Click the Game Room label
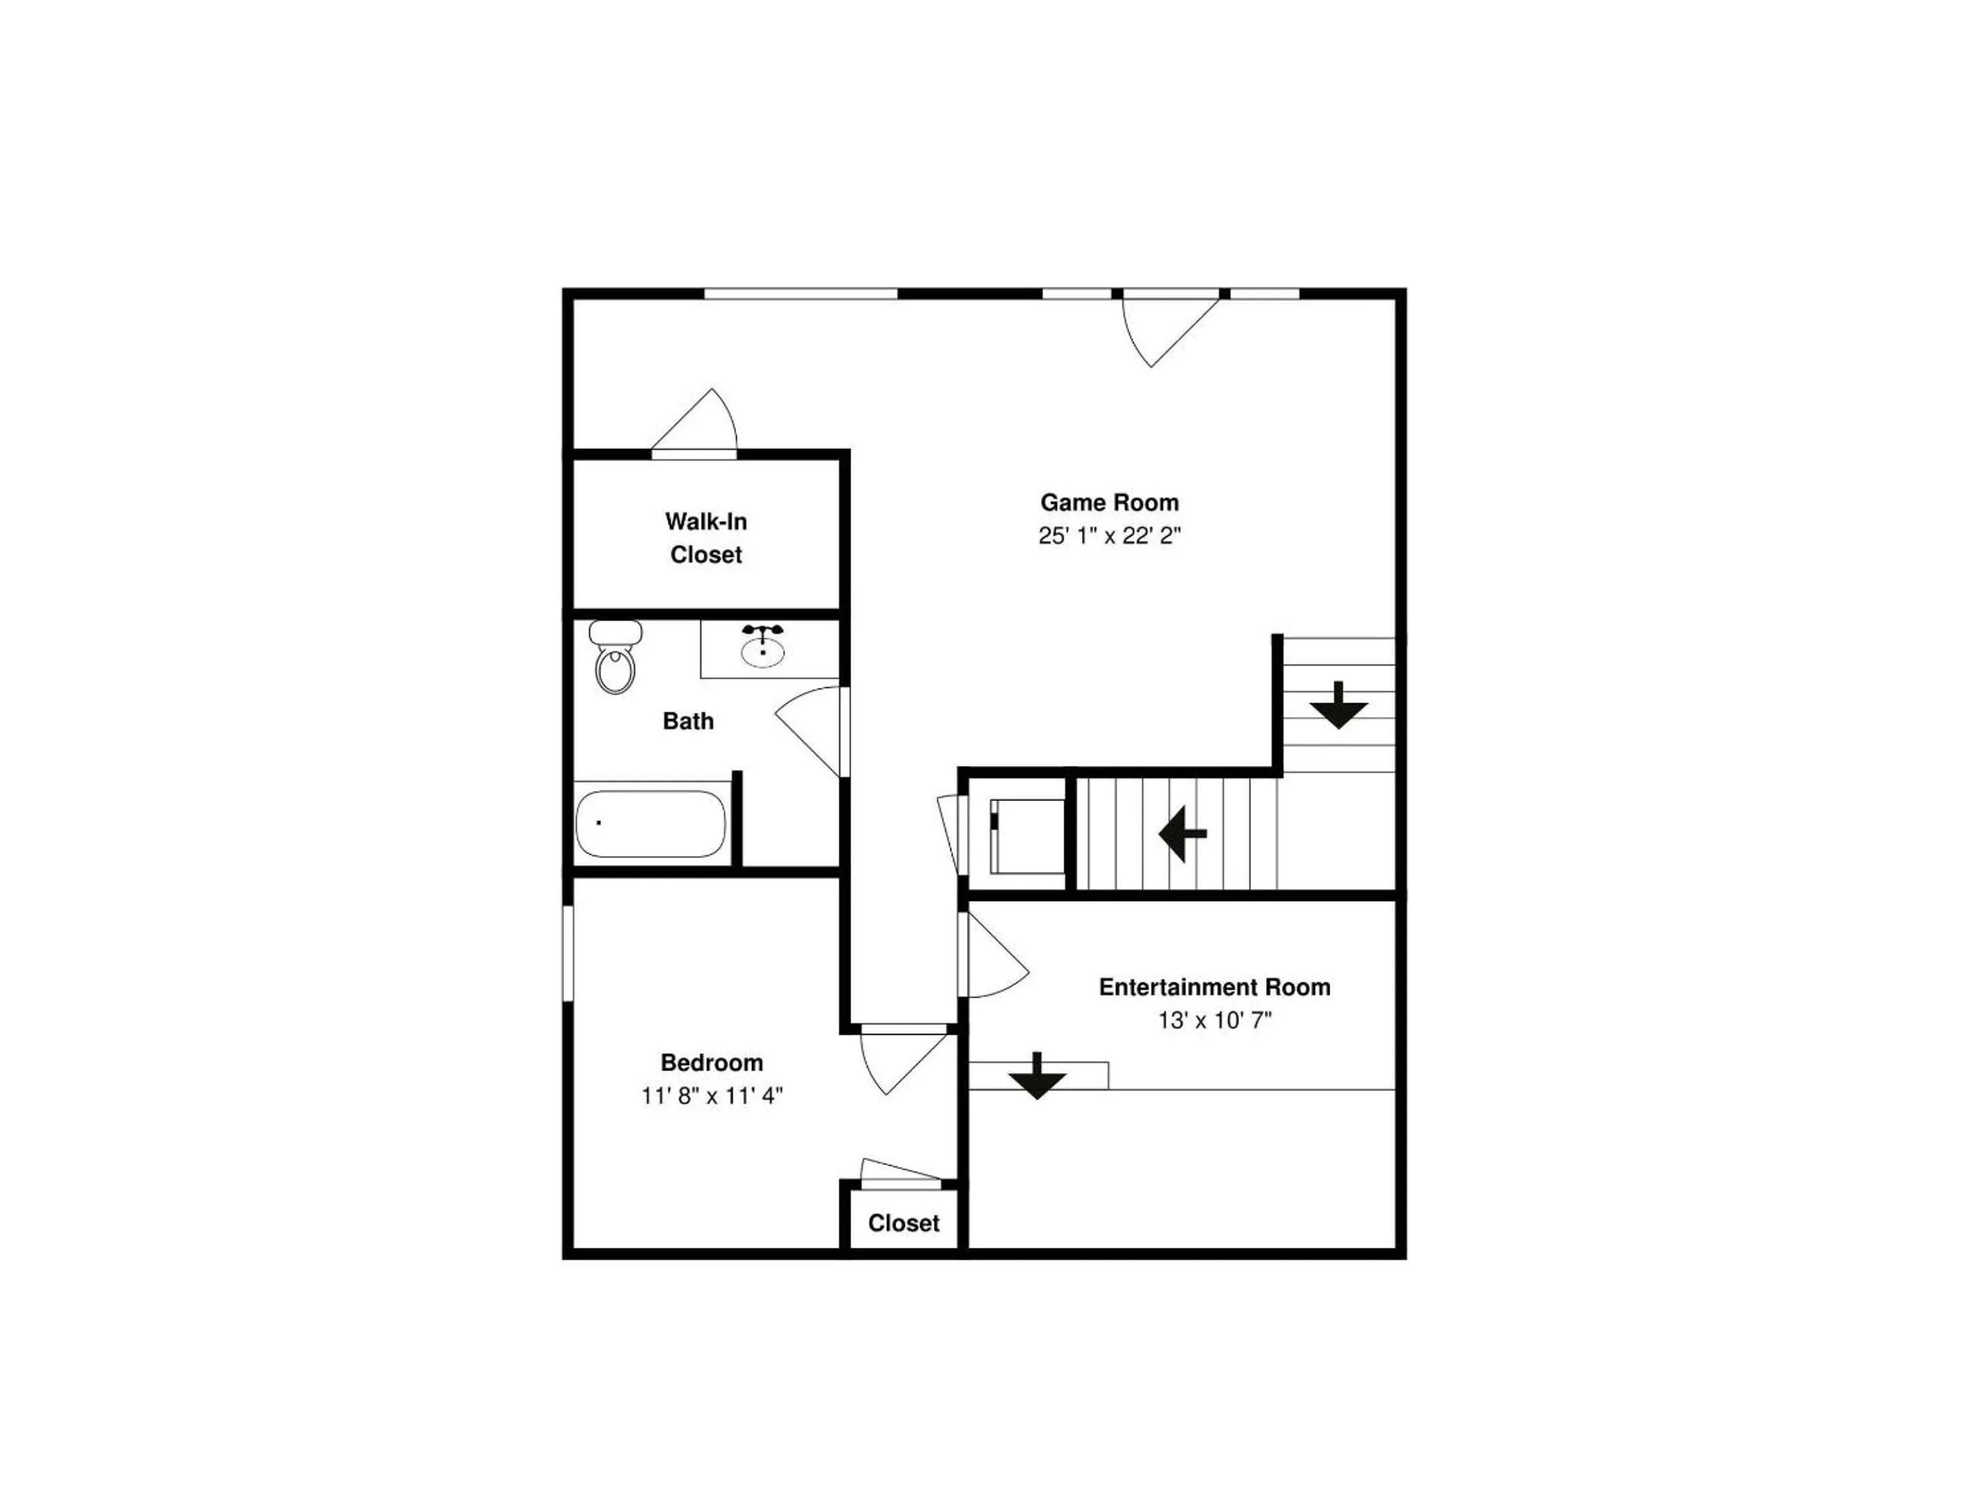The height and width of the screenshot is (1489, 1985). click(x=1109, y=503)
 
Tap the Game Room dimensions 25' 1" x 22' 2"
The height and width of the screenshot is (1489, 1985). click(x=1109, y=536)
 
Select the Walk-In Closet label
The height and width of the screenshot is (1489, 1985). click(x=706, y=538)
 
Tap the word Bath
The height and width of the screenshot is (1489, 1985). click(x=689, y=720)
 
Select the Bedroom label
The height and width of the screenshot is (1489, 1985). click(x=711, y=1063)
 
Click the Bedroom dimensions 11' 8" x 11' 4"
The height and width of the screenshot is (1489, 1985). click(x=711, y=1096)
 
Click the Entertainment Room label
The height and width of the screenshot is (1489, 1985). click(x=1215, y=987)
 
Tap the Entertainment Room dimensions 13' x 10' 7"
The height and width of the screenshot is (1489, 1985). click(x=1215, y=1020)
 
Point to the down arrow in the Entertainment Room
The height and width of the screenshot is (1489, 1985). click(x=1037, y=1076)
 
